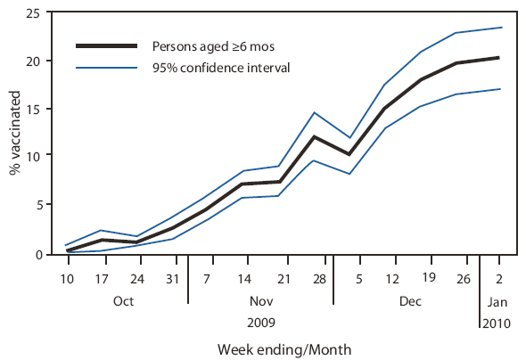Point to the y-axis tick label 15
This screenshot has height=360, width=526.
[x=41, y=109]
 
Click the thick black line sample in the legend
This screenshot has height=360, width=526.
[x=106, y=45]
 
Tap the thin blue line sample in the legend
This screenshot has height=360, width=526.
[x=106, y=66]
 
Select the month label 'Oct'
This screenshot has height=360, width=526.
[x=125, y=301]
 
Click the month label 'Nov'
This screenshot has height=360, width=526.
[x=260, y=301]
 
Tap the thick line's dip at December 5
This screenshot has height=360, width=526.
[x=349, y=154]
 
